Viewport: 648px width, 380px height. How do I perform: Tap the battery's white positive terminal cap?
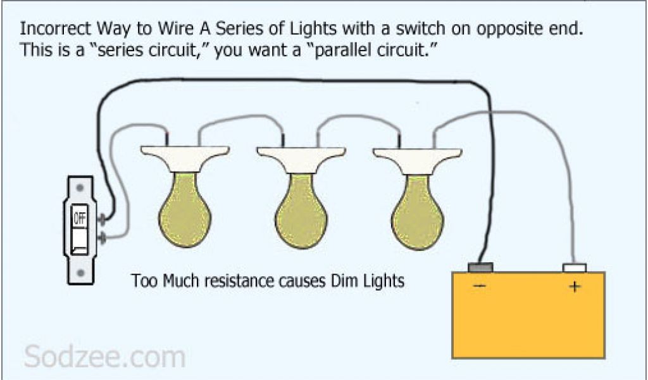(x=575, y=268)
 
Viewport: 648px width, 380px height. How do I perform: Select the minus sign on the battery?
(x=479, y=287)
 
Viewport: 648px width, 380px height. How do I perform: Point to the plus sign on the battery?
(x=574, y=287)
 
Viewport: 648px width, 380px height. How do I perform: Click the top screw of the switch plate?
(x=80, y=188)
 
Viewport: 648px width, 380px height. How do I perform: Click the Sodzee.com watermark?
(x=105, y=357)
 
